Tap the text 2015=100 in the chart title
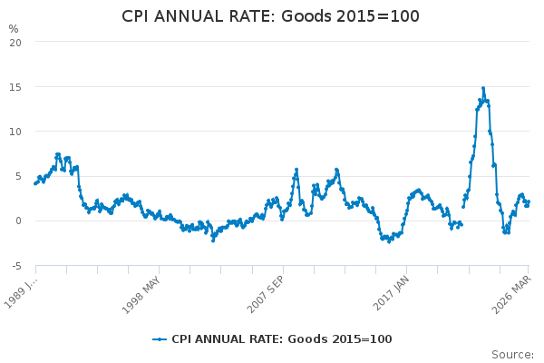[x=384, y=17]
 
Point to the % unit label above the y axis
[x=14, y=29]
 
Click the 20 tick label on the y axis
[x=15, y=42]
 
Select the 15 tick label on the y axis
[x=15, y=86]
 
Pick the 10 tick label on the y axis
[x=15, y=131]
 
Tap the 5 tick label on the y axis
[x=18, y=176]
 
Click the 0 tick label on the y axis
[x=18, y=221]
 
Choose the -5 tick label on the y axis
[x=16, y=265]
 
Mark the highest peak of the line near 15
[x=483, y=88]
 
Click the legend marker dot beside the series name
[x=160, y=339]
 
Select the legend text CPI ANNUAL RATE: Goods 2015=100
[x=281, y=339]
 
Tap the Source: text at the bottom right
[x=513, y=354]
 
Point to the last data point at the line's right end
[x=529, y=201]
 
